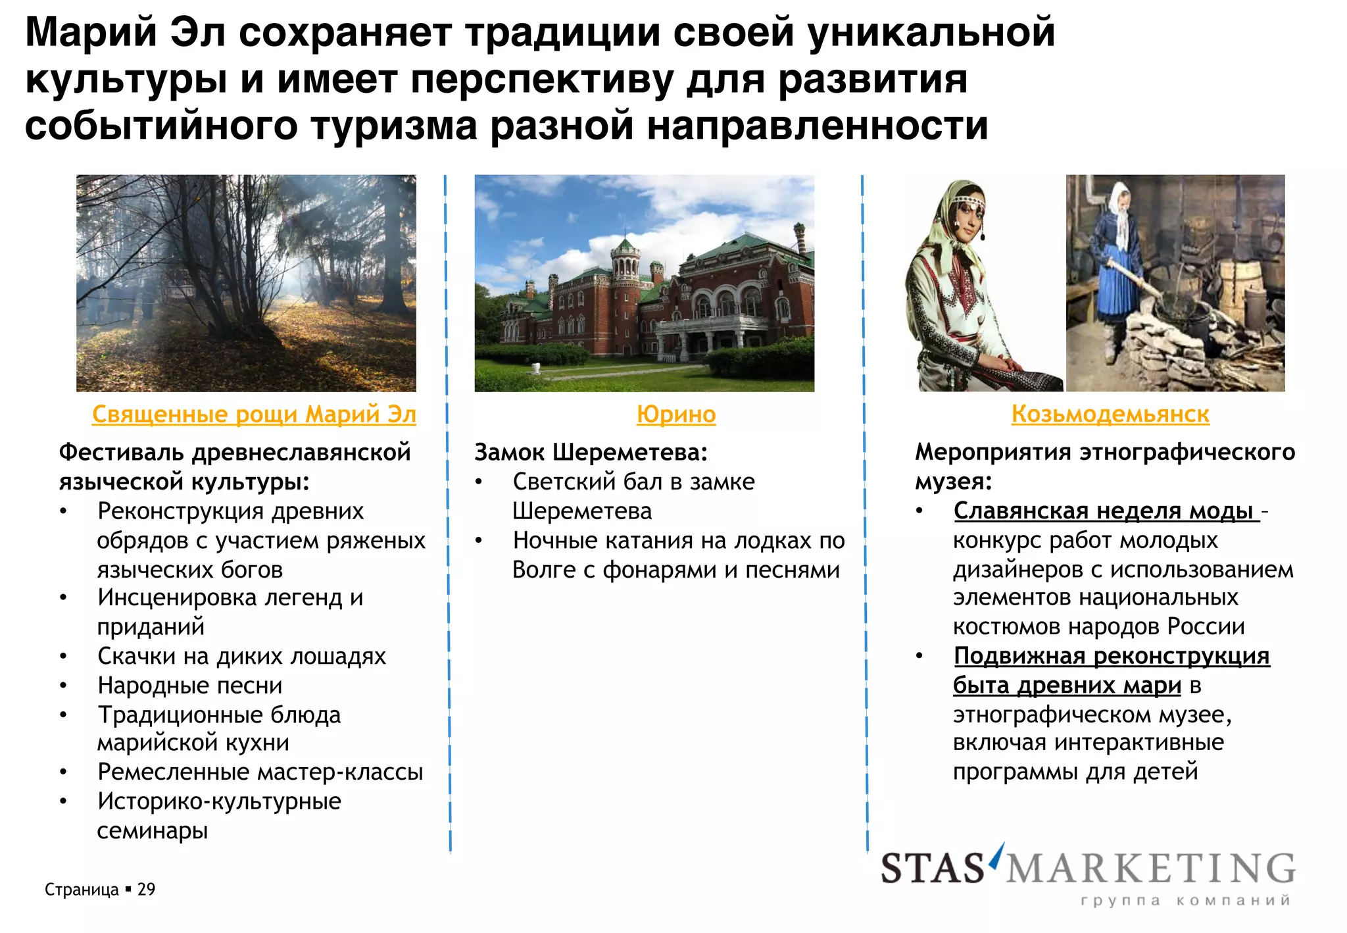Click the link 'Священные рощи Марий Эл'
(254, 415)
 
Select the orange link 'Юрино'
(676, 415)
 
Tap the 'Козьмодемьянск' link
(1110, 415)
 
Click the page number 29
(146, 890)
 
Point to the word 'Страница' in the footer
(82, 890)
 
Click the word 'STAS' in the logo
(932, 869)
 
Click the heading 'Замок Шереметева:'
(591, 453)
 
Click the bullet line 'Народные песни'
(190, 686)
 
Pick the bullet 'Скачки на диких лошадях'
(241, 657)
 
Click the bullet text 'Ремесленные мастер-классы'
(260, 772)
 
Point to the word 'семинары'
(153, 831)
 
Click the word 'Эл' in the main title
(197, 33)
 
